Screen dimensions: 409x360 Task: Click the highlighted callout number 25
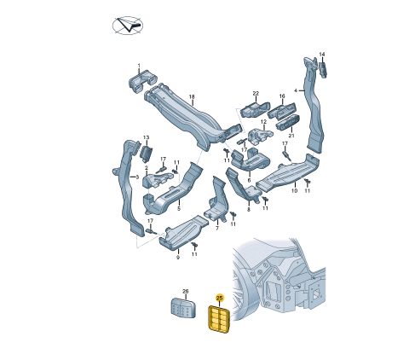(220, 298)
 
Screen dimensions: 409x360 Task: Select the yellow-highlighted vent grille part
(220, 319)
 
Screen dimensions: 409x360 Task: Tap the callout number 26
(185, 292)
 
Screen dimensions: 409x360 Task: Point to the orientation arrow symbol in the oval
(128, 26)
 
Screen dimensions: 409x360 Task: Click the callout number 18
(192, 97)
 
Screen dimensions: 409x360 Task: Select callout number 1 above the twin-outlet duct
(139, 66)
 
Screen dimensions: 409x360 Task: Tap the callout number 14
(322, 55)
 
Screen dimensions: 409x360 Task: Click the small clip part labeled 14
(323, 70)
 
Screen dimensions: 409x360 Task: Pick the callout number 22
(256, 93)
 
